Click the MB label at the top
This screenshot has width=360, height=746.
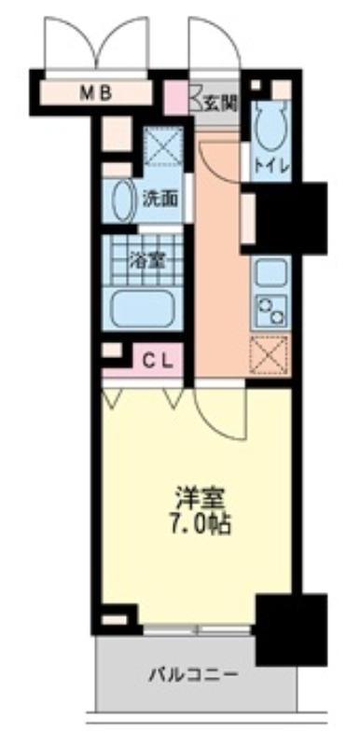(95, 93)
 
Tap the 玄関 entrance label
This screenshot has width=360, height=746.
(221, 103)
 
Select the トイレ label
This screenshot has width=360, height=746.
(271, 166)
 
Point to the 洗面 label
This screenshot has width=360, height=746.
(160, 200)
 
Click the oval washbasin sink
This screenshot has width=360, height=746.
(123, 200)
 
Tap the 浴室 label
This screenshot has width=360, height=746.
(147, 261)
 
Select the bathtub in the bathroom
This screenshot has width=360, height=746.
(142, 309)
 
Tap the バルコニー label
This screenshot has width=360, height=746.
(193, 674)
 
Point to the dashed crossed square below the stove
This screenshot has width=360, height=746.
(270, 355)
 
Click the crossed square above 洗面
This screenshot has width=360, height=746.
(163, 145)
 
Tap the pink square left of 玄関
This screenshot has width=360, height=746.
(176, 98)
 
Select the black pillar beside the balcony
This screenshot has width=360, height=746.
(291, 629)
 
